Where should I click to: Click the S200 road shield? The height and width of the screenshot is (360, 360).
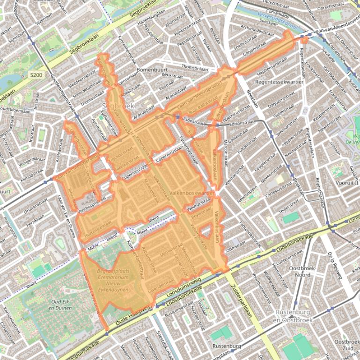[x=35, y=75]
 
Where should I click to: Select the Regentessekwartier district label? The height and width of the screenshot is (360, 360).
[x=280, y=82]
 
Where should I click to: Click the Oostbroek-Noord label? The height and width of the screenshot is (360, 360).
[x=302, y=272]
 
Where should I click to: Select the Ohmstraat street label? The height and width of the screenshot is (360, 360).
[x=235, y=245]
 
